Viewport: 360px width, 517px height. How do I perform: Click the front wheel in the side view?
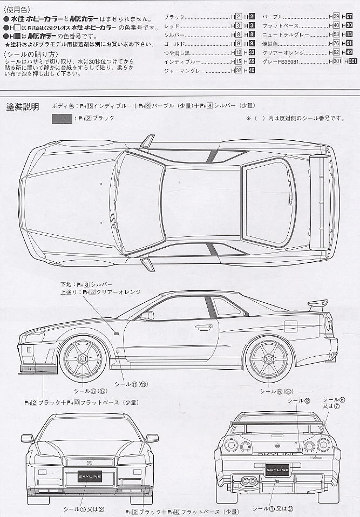pos(84,359)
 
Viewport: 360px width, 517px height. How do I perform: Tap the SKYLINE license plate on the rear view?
pos(278,471)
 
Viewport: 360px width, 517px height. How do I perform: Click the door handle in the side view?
pos(203,327)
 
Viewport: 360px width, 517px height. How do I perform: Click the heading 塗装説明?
pos(22,106)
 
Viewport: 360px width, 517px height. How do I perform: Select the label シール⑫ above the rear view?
pos(298,400)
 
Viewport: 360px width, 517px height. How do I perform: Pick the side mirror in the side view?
pos(146,316)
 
